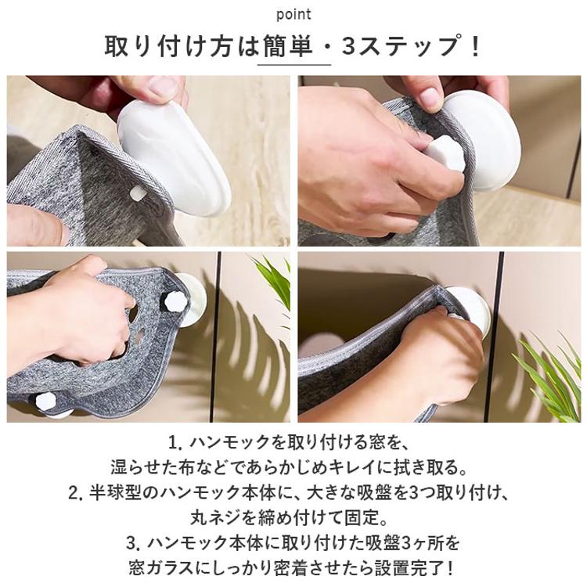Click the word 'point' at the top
[293, 15]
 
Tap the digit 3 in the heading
[349, 46]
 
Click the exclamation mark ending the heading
[476, 46]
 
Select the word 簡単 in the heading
[287, 46]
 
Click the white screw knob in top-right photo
[445, 154]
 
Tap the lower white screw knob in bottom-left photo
[45, 402]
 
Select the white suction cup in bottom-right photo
[468, 311]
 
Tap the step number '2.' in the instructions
[77, 494]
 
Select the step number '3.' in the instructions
[134, 544]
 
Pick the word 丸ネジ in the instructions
[215, 519]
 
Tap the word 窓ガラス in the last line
[161, 569]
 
